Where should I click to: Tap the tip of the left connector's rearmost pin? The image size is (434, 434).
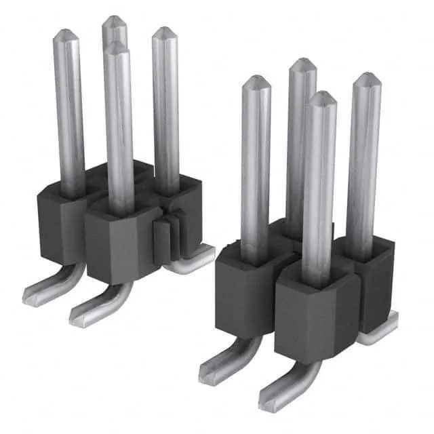115,20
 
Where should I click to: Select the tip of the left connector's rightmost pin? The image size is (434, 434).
163,31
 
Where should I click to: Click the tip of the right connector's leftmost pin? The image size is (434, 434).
256,79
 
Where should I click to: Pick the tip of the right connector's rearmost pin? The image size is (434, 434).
302,62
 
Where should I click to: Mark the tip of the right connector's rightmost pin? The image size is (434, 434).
367,77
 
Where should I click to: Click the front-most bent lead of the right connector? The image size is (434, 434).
285,390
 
